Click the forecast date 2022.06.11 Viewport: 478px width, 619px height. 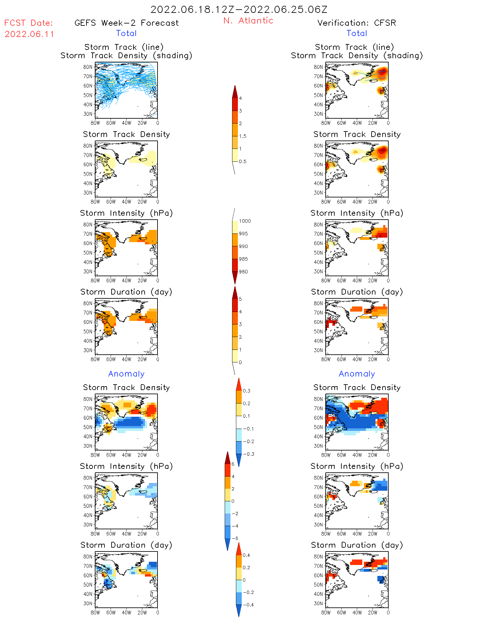coord(29,34)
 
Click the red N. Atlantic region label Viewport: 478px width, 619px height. coord(248,21)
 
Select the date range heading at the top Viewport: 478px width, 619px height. coord(239,10)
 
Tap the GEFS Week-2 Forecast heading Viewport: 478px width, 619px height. coord(126,23)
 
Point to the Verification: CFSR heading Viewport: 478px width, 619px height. coord(356,23)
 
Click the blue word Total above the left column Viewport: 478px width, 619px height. coord(126,33)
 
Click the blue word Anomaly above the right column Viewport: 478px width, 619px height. coord(357,374)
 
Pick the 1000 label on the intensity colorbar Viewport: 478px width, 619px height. coord(245,221)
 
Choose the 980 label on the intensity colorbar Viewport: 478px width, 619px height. coord(243,272)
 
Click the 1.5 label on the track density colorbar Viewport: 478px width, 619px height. coord(243,136)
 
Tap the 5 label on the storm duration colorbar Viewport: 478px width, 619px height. coord(240,299)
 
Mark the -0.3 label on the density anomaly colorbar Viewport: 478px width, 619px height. coord(248,454)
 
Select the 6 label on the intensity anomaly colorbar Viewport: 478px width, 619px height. coord(233,464)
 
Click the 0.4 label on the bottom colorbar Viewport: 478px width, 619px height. coord(246,555)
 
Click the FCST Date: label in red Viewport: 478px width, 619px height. coord(29,23)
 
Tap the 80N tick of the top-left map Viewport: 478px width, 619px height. coord(88,67)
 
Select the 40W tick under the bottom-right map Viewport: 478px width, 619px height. coord(357,613)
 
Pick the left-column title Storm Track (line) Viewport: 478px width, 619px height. coord(124,47)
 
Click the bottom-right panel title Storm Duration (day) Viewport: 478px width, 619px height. coord(357,545)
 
